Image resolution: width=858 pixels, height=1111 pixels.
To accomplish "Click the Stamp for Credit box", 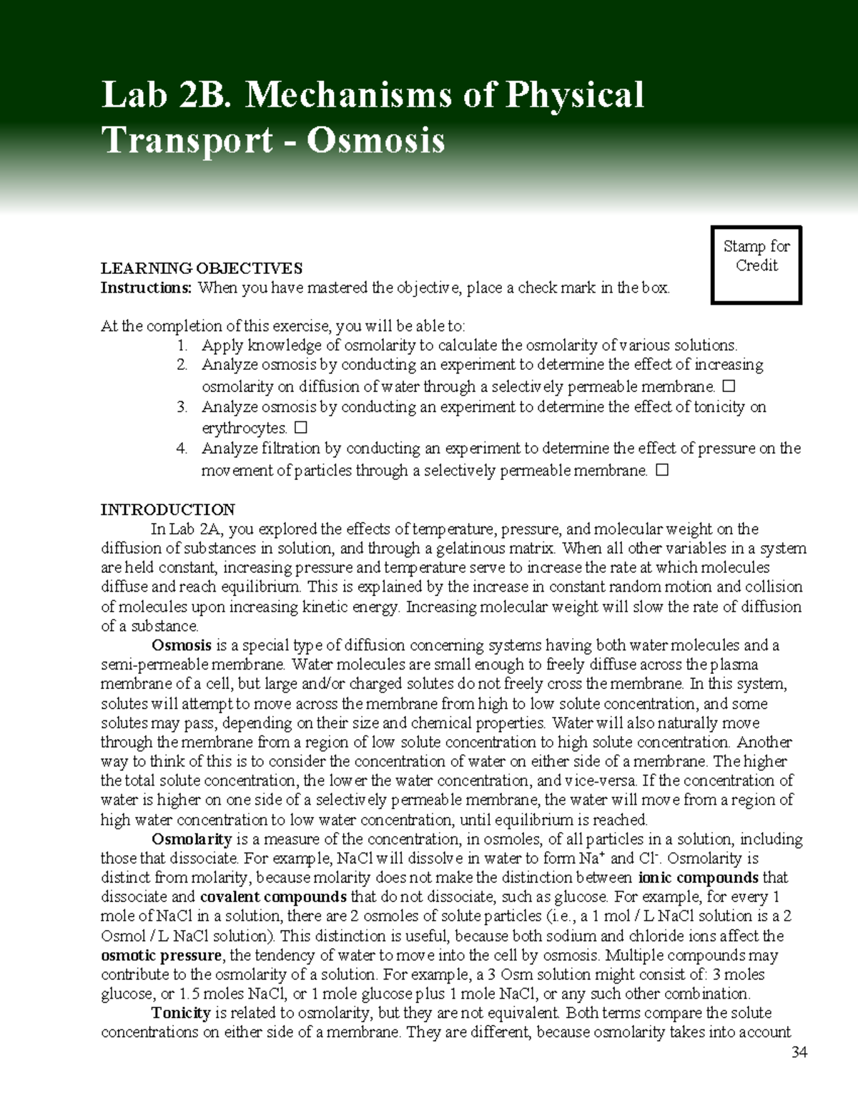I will click(756, 265).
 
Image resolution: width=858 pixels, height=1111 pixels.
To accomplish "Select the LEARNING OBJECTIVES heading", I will click(201, 268).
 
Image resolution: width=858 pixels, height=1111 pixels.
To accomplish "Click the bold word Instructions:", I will click(146, 288).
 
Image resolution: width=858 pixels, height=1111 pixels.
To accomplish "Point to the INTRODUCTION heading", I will click(167, 509).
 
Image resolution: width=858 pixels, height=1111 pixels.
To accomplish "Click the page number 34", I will click(799, 1052).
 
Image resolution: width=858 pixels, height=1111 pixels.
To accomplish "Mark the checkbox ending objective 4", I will click(661, 471).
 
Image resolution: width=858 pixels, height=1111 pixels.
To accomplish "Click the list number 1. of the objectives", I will click(182, 346).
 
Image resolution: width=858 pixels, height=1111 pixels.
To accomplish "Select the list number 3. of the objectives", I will click(182, 407).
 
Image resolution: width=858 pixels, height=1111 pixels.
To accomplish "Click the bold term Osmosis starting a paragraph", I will click(181, 645).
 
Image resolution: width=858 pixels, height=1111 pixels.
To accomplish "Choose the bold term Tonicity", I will click(180, 1013).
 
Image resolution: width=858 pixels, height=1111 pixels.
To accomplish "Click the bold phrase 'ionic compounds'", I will click(698, 878).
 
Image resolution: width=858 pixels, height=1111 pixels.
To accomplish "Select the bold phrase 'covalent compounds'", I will click(273, 897).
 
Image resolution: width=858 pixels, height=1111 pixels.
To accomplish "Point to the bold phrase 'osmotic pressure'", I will click(162, 956).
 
